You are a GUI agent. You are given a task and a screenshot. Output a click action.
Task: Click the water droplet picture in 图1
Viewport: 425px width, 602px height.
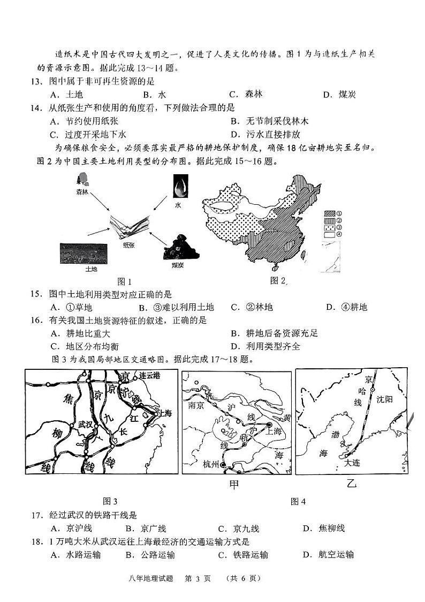178,189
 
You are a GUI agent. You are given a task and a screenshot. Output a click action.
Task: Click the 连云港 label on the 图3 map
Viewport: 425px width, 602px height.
150,376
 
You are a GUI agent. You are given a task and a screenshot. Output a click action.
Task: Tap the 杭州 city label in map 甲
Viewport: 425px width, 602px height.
211,464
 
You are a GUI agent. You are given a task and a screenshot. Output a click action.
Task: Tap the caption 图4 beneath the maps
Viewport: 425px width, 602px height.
298,501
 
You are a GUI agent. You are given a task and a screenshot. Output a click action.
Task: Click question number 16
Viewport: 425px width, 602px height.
36,320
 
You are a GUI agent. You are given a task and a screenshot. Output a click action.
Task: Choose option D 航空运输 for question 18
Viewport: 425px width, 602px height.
328,554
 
